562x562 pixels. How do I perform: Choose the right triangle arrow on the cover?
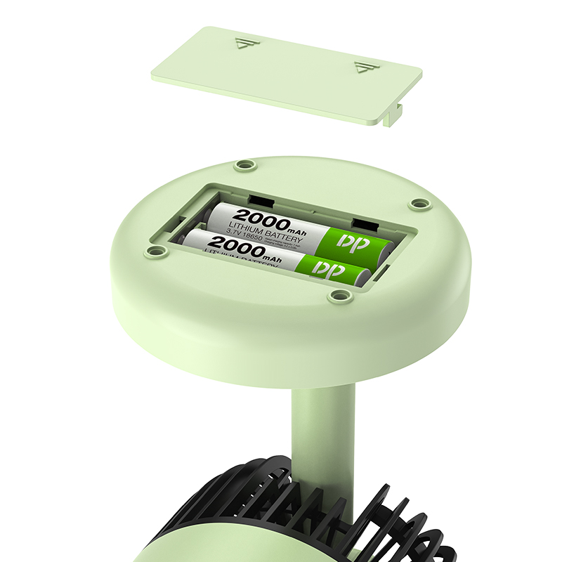tap(363, 68)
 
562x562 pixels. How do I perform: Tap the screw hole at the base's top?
tap(244, 164)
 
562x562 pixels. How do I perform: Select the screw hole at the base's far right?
tap(419, 204)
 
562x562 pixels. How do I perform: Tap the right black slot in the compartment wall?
tap(363, 225)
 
